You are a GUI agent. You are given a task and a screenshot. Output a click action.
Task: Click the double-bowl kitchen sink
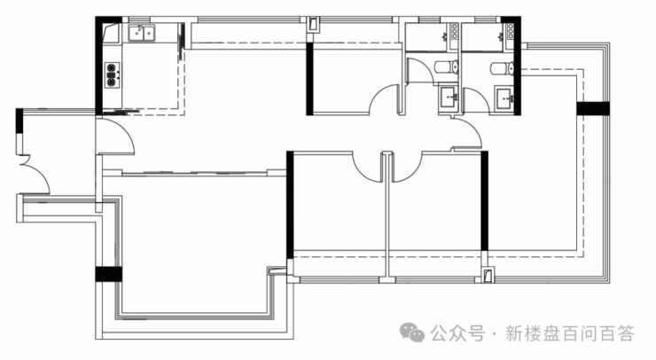click(x=142, y=33)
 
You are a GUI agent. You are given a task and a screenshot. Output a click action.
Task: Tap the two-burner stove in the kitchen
click(x=112, y=74)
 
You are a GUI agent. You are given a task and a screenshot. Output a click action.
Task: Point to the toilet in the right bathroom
click(x=502, y=68)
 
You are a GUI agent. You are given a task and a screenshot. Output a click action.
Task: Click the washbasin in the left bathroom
click(x=448, y=98)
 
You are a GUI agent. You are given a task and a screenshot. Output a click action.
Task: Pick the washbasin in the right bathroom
click(x=505, y=98)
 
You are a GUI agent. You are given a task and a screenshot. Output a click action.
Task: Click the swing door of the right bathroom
click(x=476, y=100)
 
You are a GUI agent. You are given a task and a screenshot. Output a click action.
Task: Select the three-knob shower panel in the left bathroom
click(x=455, y=31)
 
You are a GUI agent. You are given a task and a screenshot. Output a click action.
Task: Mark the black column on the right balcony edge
click(x=593, y=108)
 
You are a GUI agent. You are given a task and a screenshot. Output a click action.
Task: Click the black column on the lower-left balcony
click(x=109, y=274)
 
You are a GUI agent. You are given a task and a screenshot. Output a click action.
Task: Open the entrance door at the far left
click(x=35, y=175)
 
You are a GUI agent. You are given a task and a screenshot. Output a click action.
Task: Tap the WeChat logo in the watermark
click(x=412, y=333)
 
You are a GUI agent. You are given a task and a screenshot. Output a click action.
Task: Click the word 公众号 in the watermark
click(x=457, y=333)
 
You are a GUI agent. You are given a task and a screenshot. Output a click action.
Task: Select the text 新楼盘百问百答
click(x=569, y=333)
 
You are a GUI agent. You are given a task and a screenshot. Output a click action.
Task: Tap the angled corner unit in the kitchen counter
click(x=112, y=33)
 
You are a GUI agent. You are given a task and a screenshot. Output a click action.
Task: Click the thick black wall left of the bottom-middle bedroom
click(x=290, y=205)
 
